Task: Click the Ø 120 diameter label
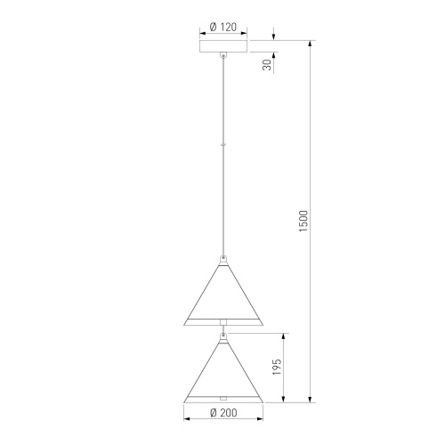(x=222, y=26)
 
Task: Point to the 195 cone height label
(x=277, y=367)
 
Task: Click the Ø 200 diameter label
(x=222, y=413)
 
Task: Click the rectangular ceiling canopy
(x=222, y=46)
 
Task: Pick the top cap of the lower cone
(x=222, y=336)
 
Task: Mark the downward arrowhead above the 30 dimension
(x=273, y=37)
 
